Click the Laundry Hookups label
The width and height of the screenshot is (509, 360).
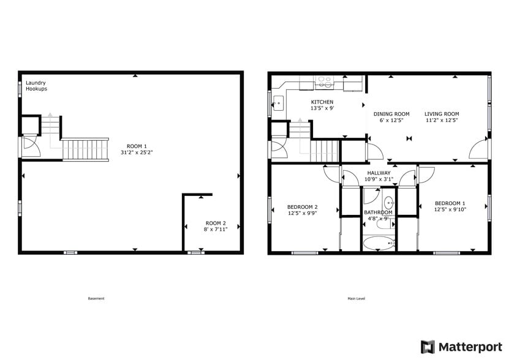pyautogui.click(x=36, y=86)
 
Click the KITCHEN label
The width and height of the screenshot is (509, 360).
pyautogui.click(x=322, y=102)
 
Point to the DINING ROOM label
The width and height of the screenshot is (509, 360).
pyautogui.click(x=391, y=114)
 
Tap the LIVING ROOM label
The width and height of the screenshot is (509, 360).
pyautogui.click(x=442, y=114)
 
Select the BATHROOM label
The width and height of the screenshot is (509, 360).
pyautogui.click(x=378, y=212)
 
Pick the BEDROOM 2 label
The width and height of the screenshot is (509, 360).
pyautogui.click(x=303, y=206)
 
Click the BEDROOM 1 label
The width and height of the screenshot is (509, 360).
pyautogui.click(x=450, y=203)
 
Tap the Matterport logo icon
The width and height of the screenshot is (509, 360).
pyautogui.click(x=428, y=347)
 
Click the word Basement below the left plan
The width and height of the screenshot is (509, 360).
pyautogui.click(x=96, y=299)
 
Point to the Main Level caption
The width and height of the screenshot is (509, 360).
pyautogui.click(x=356, y=299)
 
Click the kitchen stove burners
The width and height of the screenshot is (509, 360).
pyautogui.click(x=323, y=80)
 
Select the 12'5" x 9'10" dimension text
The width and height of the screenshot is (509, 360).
pyautogui.click(x=450, y=209)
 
